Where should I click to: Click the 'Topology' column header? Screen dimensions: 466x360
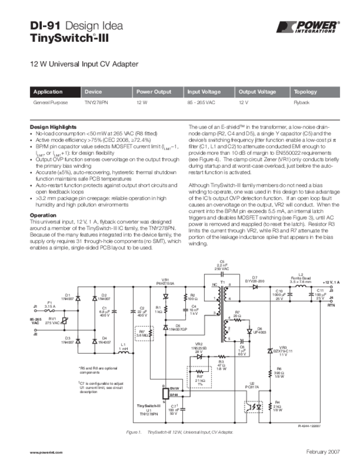[x=305, y=91]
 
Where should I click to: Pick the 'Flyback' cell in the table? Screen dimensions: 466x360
[x=301, y=103]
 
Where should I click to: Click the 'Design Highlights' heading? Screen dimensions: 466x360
[x=53, y=127]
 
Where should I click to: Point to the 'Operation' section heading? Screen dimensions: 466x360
[x=43, y=215]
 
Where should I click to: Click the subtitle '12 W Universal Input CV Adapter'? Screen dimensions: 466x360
[x=84, y=64]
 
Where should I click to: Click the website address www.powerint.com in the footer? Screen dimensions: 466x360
[x=46, y=452]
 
